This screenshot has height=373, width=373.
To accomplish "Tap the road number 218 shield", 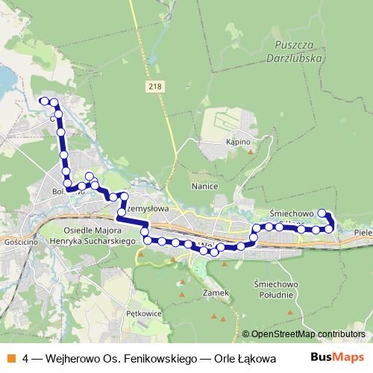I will tap(154, 87).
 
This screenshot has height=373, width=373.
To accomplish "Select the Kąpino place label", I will tap(237, 141).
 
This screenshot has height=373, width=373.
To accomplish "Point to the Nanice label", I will tap(204, 186).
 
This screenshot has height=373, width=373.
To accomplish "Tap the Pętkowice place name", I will tap(144, 313).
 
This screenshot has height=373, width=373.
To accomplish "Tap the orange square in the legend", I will tap(11, 358).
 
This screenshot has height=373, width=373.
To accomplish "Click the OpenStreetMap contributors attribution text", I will tap(308, 333).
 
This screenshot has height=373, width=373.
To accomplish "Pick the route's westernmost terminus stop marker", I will tap(44, 101).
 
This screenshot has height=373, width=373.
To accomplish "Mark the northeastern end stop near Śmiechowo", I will tap(323, 213).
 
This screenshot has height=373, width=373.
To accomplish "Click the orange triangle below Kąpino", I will tap(251, 151).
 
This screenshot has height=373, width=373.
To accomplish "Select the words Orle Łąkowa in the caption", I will tap(245, 358).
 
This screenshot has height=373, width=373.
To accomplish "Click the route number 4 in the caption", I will tap(26, 358).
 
